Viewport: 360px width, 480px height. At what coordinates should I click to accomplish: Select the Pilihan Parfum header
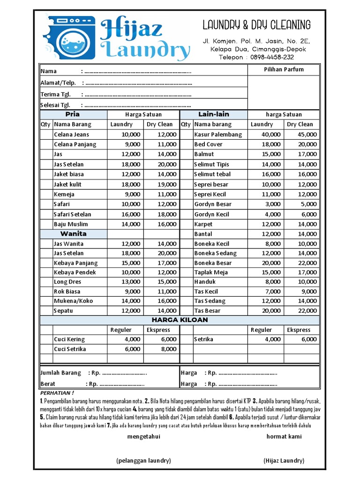tap(283, 69)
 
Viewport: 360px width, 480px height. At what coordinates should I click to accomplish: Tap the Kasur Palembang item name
tap(218, 135)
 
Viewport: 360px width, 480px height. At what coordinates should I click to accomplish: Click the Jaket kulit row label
tap(67, 184)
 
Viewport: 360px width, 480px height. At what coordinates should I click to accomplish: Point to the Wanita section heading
tap(73, 233)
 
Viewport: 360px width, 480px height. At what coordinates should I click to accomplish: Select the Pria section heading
tap(73, 114)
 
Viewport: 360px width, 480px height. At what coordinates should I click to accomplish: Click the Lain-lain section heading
tap(213, 114)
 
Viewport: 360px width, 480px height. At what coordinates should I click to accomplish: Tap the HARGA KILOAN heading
tap(180, 320)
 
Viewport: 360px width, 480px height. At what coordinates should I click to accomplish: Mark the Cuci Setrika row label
tap(70, 349)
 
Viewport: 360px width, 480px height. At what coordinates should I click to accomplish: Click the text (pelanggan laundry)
tap(143, 461)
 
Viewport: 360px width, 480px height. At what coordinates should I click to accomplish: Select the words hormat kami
tap(284, 436)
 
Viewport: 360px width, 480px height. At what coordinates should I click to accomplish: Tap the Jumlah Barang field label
tap(61, 373)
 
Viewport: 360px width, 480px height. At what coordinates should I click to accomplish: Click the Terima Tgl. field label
tap(55, 94)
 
